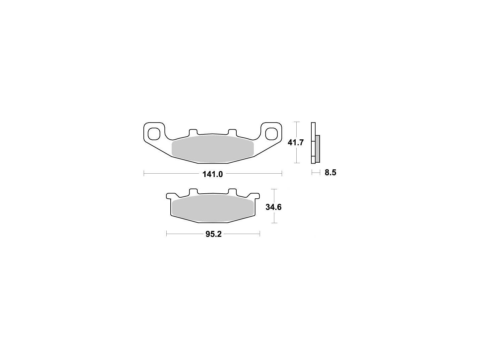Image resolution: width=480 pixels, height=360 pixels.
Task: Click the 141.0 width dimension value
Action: tap(212, 174)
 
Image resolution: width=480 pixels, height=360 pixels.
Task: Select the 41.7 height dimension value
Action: tap(296, 143)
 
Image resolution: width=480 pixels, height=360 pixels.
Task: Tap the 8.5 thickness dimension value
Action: tap(330, 173)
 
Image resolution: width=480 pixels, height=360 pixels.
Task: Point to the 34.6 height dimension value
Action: tap(273, 207)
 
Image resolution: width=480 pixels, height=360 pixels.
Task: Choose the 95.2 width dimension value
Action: tap(213, 234)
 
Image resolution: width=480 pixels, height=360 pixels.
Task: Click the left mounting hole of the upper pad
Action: tap(154, 134)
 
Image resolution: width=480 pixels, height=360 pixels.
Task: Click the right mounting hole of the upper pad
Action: tap(271, 134)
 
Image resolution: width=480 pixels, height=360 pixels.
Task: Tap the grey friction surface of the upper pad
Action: tap(212, 149)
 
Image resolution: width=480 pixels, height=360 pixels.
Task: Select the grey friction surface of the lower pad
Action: tap(213, 209)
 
